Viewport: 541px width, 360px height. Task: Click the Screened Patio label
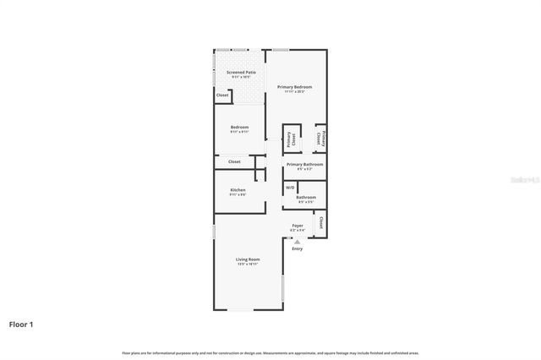(x=241, y=73)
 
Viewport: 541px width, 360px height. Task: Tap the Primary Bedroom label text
(x=295, y=87)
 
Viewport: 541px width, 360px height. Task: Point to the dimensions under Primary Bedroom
(x=295, y=92)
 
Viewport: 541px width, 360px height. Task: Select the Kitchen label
(x=238, y=190)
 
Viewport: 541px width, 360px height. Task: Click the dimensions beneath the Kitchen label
(x=238, y=195)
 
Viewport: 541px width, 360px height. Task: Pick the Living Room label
(x=249, y=259)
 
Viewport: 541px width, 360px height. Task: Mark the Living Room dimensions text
(x=249, y=265)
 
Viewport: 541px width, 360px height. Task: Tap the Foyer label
(x=298, y=226)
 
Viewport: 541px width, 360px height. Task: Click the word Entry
(x=298, y=248)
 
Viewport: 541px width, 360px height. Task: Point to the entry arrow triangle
(x=297, y=242)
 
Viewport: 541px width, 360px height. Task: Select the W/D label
(x=290, y=188)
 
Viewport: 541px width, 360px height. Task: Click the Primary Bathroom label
(x=305, y=164)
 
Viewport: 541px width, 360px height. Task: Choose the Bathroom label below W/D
(x=306, y=198)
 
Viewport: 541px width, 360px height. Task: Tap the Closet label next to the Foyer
(x=321, y=224)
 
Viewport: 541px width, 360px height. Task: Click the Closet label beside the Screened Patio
(x=223, y=95)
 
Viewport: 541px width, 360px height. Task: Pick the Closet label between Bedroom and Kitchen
(x=234, y=161)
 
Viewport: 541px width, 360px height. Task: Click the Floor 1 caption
(x=21, y=324)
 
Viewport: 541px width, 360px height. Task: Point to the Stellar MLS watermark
(x=523, y=180)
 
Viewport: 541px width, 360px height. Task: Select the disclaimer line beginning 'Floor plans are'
(x=270, y=352)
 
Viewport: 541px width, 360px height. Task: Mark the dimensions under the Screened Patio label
(x=241, y=78)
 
